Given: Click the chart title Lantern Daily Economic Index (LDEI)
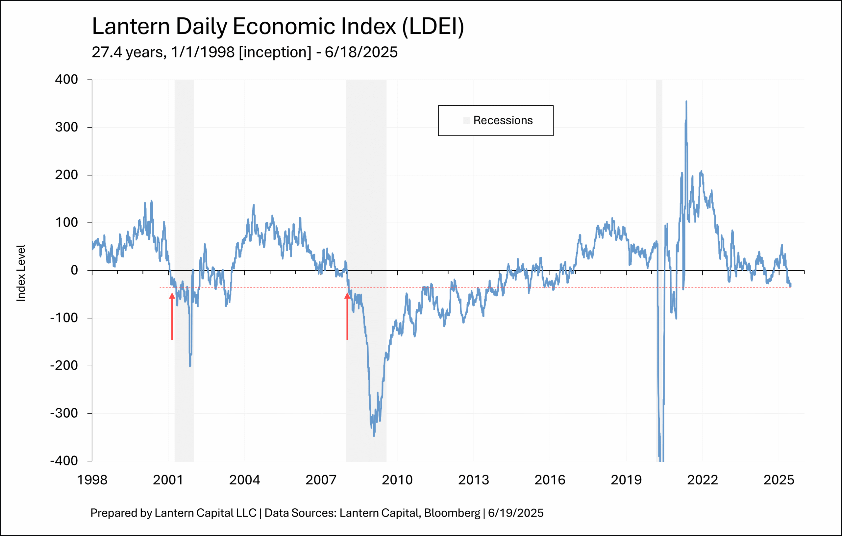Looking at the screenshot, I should coord(278,27).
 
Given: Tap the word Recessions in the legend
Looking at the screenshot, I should coord(503,120).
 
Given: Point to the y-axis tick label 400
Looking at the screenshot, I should coord(66,79).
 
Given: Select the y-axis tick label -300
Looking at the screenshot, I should coord(64,413).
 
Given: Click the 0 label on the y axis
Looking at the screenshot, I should coord(74,270).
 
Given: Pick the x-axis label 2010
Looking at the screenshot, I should coord(397,480).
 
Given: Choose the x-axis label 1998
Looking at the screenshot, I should coord(92,480).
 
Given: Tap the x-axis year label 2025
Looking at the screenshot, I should coord(779,480).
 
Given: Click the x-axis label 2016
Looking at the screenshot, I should coord(550,480).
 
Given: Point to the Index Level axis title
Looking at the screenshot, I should coord(21,273).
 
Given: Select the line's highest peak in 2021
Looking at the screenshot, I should coord(686,102).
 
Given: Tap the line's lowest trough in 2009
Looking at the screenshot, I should coord(374,436).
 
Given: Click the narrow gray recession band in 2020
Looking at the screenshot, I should coord(659,175).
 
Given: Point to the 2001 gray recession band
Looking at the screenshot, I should coord(184,175).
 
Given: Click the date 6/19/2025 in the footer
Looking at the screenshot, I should coord(516,513).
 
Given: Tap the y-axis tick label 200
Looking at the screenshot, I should coord(66,175).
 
